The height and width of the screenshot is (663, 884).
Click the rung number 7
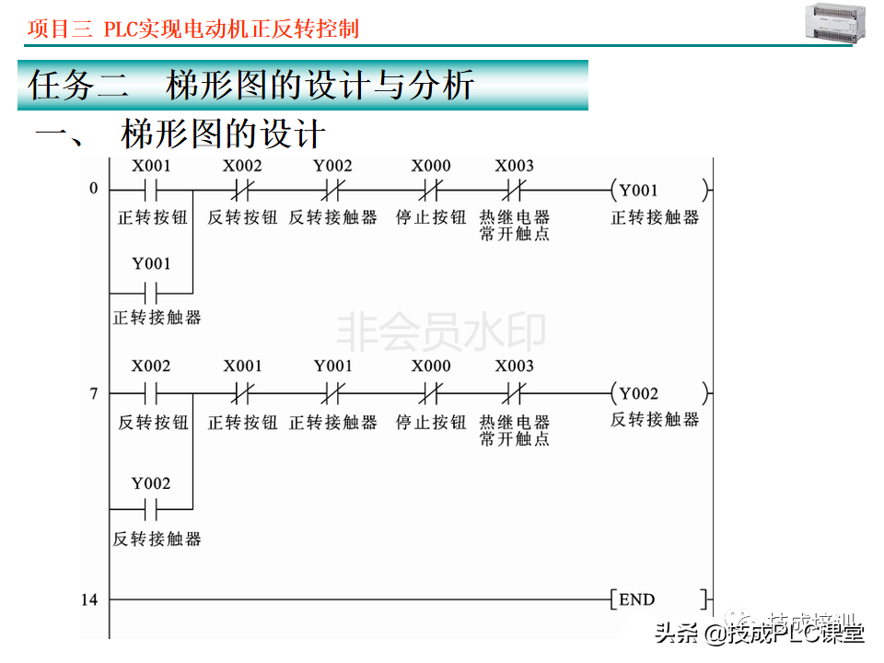pos(93,394)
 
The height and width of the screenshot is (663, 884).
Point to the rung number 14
pos(88,600)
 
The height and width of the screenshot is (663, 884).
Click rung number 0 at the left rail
pos(93,190)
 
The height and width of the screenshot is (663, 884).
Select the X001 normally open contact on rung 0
pos(151,191)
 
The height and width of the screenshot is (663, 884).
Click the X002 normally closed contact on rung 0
pos(242,191)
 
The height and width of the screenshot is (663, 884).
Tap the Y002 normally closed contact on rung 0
pos(332,191)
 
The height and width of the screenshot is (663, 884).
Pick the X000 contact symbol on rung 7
pos(430,394)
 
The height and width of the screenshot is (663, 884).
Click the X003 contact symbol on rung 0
pos(513,191)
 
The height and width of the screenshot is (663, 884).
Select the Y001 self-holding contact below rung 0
pos(151,295)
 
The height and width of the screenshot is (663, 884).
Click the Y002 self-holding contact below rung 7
pos(151,508)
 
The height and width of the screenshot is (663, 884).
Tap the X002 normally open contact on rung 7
pos(151,394)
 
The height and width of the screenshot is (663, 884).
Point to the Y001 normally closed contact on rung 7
pos(332,394)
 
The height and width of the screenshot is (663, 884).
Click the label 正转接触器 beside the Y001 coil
pos(655,217)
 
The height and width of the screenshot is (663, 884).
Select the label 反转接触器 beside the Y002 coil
pos(655,420)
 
